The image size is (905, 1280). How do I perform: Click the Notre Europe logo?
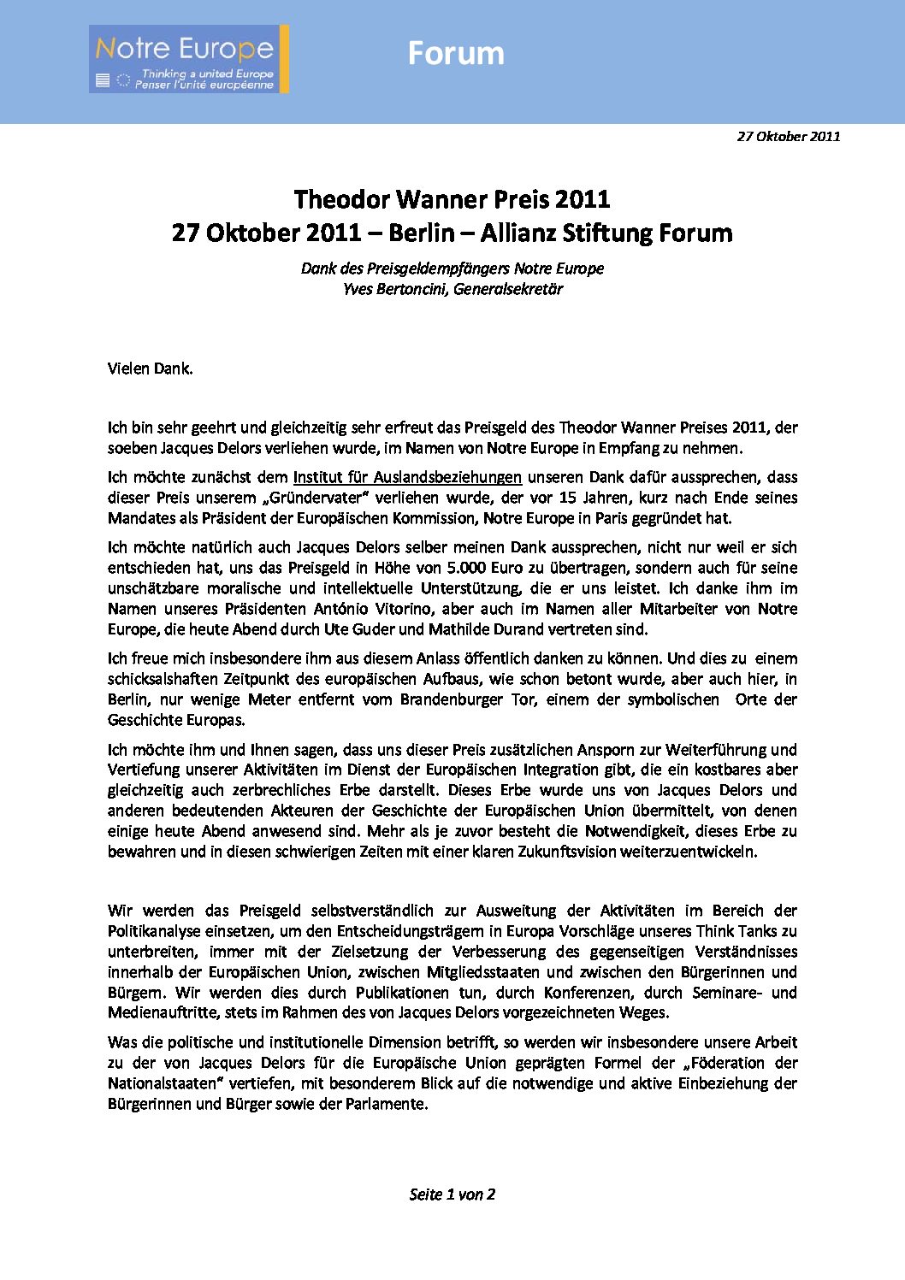(x=188, y=59)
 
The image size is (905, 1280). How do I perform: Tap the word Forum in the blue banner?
(x=456, y=53)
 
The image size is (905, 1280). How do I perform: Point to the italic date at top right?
(x=788, y=136)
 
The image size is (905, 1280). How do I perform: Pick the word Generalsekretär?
(x=508, y=289)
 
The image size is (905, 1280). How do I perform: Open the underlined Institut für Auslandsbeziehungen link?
(x=407, y=477)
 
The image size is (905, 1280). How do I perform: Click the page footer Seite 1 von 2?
(x=452, y=1194)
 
